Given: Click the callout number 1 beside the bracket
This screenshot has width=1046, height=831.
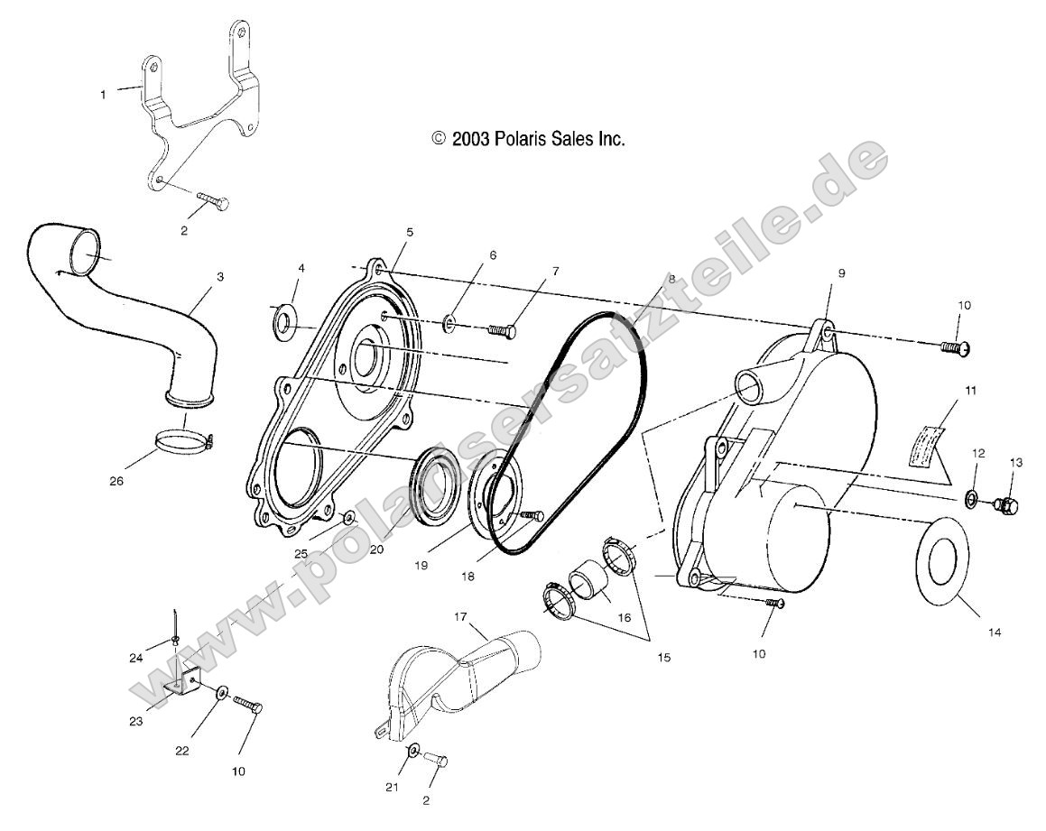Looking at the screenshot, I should point(103,94).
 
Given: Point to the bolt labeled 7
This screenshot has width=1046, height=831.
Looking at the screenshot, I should point(502,331).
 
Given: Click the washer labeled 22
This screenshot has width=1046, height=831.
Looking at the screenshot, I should point(222,693).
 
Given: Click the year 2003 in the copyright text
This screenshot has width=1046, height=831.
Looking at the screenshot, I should point(472,139).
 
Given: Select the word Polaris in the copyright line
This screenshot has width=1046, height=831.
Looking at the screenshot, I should point(522,139).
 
